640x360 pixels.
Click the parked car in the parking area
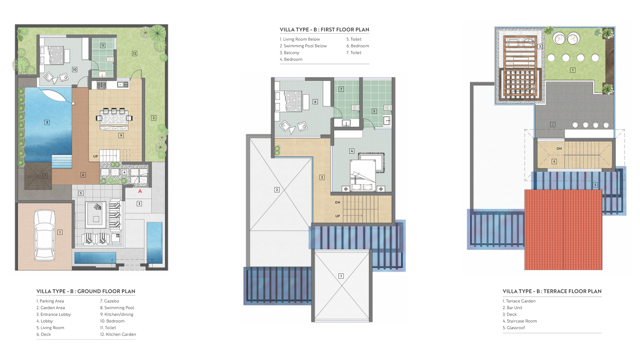(45, 235)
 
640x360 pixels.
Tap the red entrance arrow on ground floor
(140, 191)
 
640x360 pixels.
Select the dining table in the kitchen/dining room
(114, 118)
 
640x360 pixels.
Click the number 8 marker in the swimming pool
(47, 122)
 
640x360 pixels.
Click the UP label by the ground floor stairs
(96, 156)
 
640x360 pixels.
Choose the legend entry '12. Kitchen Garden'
(118, 334)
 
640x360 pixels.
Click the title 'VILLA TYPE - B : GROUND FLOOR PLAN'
(86, 291)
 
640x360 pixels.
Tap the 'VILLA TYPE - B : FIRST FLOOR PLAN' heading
(324, 30)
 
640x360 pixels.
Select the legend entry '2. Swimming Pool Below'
(303, 46)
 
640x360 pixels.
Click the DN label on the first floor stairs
(338, 202)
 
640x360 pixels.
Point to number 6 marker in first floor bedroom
(315, 102)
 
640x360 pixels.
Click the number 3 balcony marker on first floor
(322, 177)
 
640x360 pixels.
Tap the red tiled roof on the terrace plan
(563, 230)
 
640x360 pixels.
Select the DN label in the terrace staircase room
(559, 149)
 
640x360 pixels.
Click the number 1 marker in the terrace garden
(573, 70)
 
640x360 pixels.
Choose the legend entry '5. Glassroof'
(514, 328)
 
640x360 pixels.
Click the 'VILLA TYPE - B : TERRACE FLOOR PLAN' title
(552, 291)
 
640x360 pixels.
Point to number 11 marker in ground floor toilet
(103, 45)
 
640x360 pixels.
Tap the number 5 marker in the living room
(81, 193)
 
